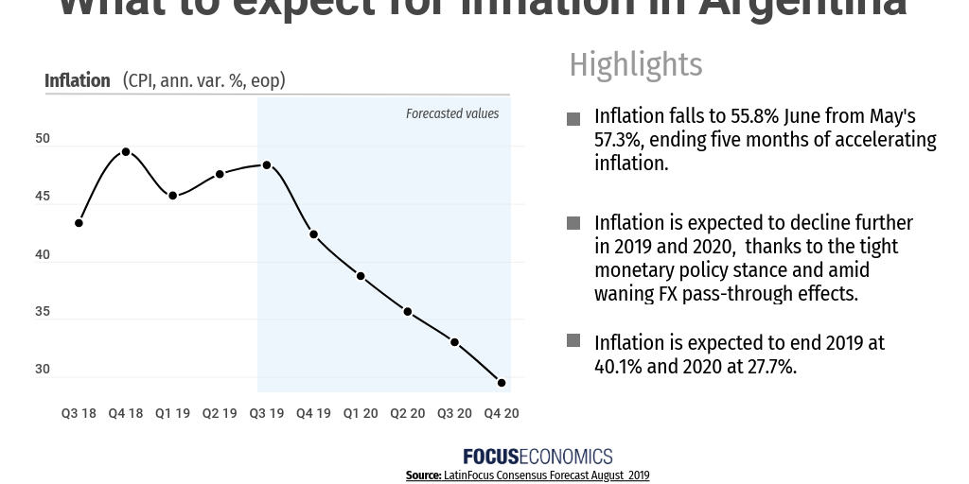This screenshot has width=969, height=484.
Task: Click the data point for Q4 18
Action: pos(126,152)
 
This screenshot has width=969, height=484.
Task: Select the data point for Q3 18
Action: pos(79,223)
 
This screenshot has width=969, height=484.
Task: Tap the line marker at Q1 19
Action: pos(173,196)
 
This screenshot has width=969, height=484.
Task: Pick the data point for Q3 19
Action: pos(267,165)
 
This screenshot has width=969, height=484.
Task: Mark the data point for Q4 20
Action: pos(502,383)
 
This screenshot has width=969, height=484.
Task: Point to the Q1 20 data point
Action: pos(361,276)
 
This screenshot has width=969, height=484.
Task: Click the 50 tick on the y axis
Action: pos(43,139)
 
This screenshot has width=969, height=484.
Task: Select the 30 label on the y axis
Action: pos(43,369)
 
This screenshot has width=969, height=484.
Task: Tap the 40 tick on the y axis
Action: pos(43,254)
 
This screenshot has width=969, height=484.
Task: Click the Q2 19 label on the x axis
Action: pos(220,413)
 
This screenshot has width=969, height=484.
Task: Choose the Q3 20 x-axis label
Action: pos(454,413)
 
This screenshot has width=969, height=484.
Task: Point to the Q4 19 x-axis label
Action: pos(313,413)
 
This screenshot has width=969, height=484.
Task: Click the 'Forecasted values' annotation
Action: pos(452,113)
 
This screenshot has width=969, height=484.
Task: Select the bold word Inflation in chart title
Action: pos(78,80)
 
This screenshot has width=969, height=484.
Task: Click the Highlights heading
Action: pos(635,64)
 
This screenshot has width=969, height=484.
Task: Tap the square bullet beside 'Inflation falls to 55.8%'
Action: pos(573,119)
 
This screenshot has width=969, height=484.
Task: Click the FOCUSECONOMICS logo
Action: pos(537,457)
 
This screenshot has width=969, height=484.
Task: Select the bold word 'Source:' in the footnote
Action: pos(423,475)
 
